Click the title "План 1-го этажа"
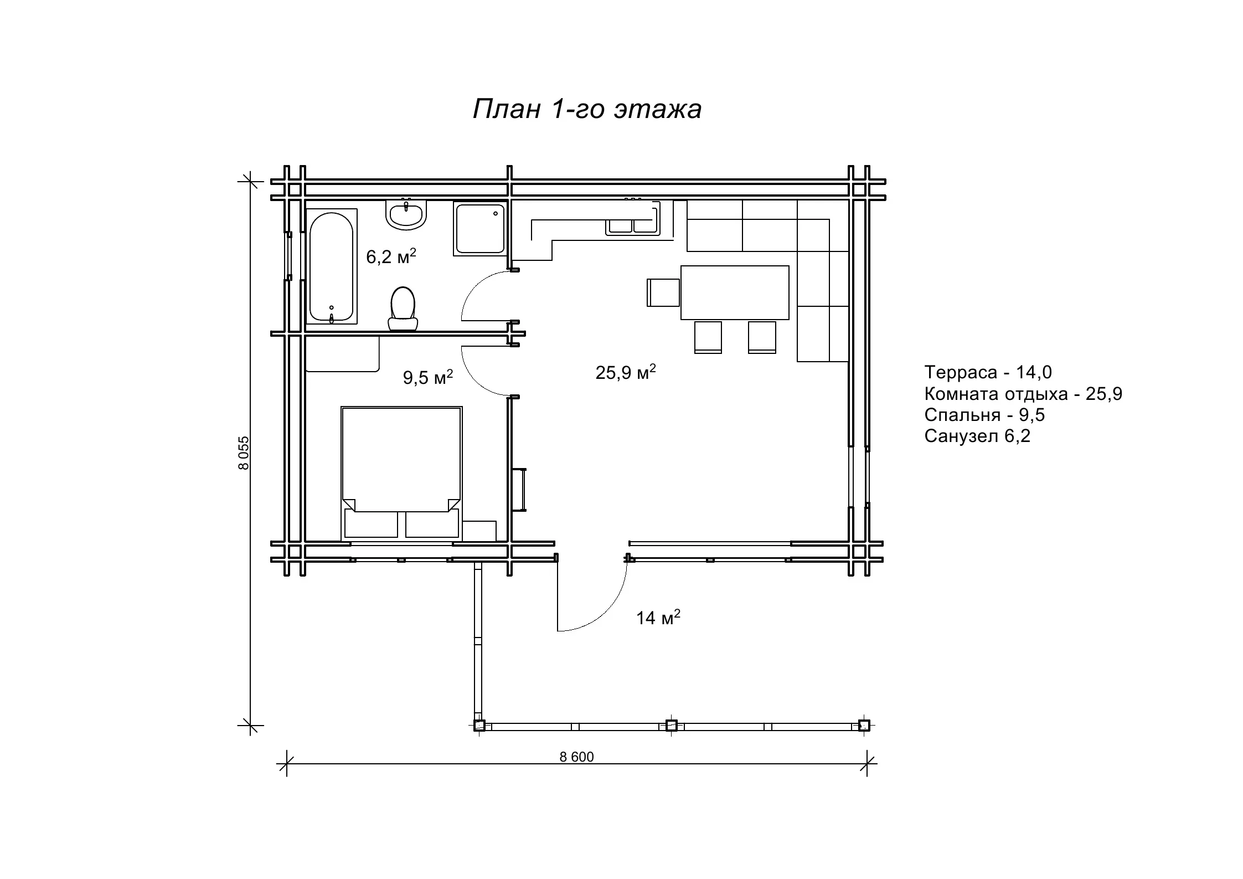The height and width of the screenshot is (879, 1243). click(x=587, y=110)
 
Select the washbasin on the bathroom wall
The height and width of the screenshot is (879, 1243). click(x=406, y=214)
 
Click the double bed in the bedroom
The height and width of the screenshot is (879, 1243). click(x=401, y=473)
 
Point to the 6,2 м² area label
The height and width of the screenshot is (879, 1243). click(x=391, y=256)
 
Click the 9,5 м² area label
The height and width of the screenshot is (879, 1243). click(x=428, y=377)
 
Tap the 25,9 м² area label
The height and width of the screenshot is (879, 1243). click(x=626, y=372)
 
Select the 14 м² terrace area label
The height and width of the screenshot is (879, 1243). click(x=658, y=617)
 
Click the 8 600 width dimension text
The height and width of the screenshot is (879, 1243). click(x=576, y=757)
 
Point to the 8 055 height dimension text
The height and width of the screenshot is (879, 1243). click(x=244, y=453)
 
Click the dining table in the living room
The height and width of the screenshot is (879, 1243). click(x=735, y=292)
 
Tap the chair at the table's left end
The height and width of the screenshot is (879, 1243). click(x=663, y=292)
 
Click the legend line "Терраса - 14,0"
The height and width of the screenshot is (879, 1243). click(x=988, y=372)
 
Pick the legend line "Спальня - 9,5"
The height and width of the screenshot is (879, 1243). click(x=984, y=415)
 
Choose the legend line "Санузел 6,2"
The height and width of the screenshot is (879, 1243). click(x=977, y=436)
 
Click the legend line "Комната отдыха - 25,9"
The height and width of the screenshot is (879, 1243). click(x=1023, y=394)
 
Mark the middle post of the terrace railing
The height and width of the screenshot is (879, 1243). click(x=671, y=726)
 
